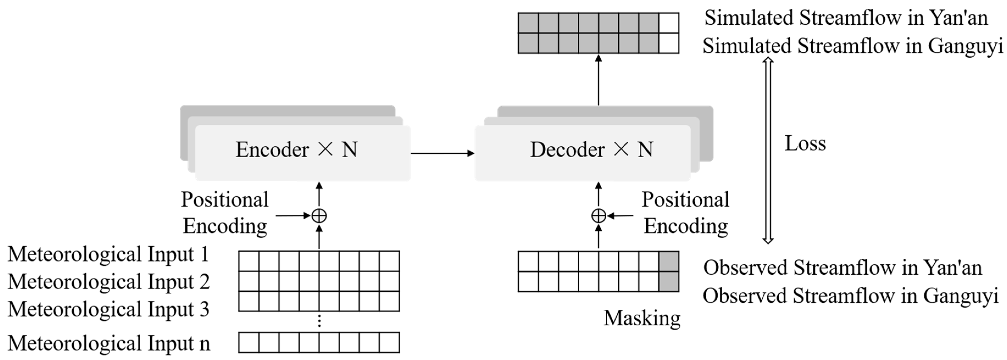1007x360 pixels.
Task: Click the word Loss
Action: [x=805, y=143]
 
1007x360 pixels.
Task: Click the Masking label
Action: [x=642, y=318]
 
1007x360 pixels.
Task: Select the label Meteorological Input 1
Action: [x=108, y=255]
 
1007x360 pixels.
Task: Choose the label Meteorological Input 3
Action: [x=108, y=309]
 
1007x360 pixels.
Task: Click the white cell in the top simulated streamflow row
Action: [x=669, y=23]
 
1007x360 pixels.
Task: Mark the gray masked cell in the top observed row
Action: [x=669, y=261]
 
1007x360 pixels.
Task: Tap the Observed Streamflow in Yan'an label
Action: [x=842, y=268]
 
